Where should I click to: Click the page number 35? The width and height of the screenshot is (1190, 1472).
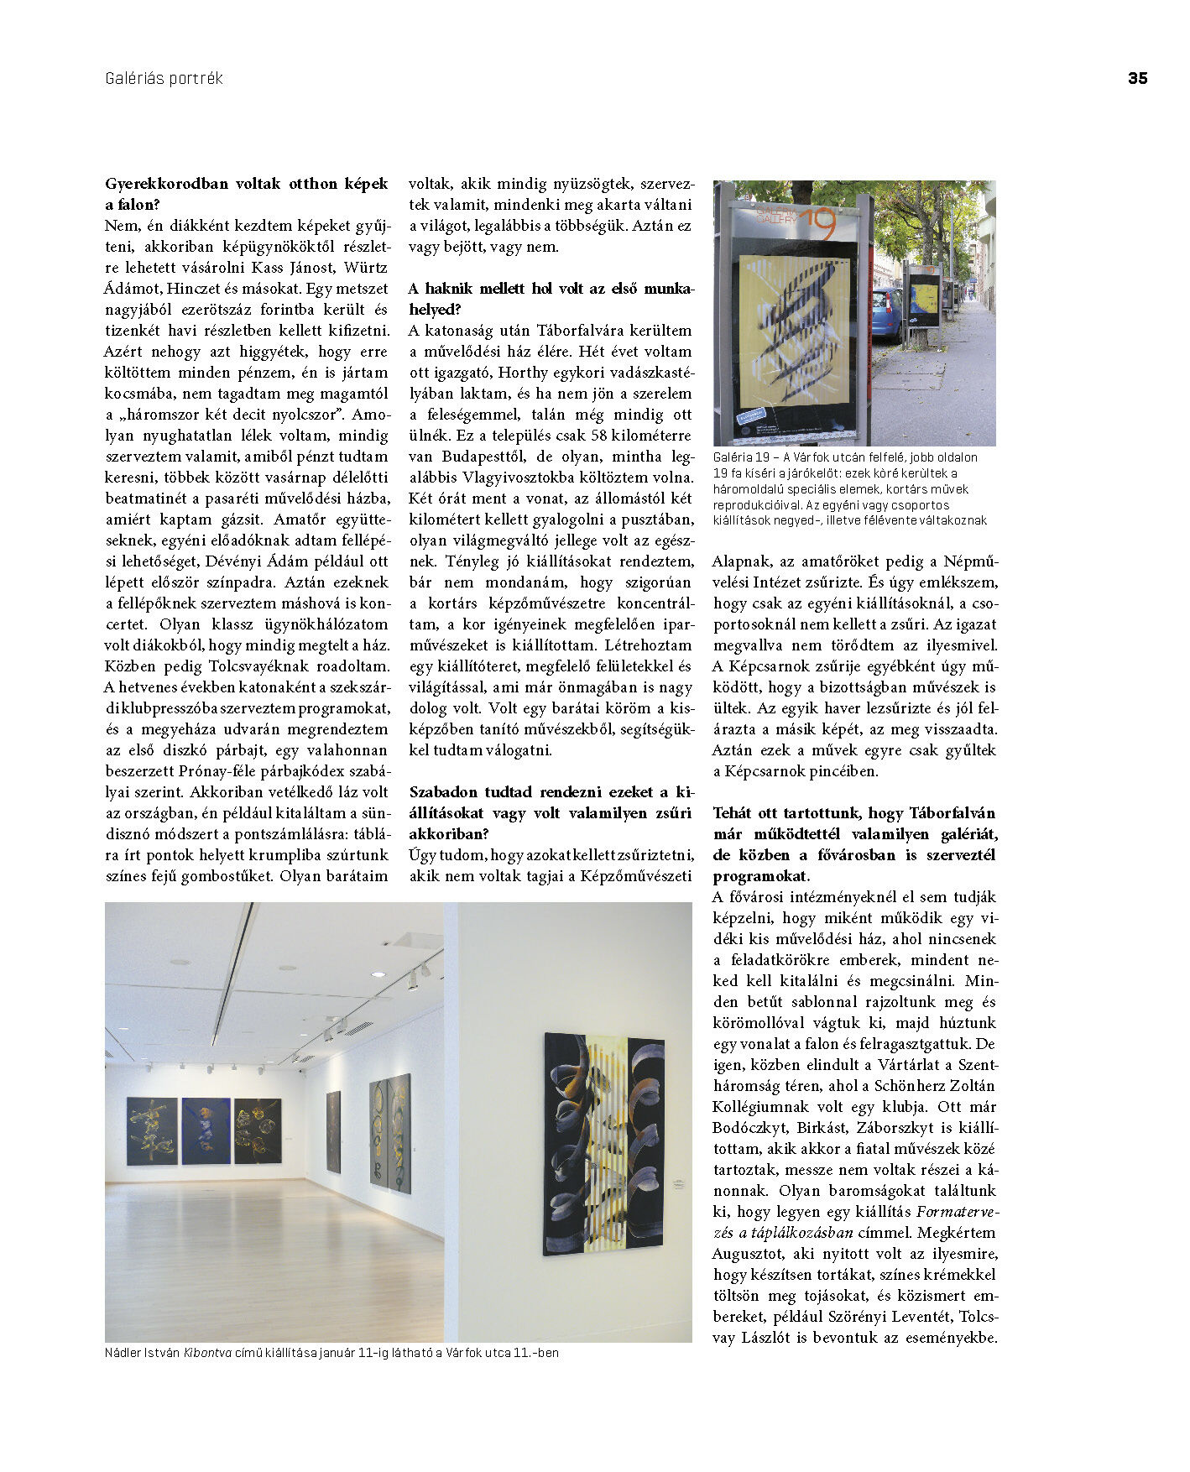tap(1137, 78)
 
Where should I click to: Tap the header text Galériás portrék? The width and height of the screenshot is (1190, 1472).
tap(164, 78)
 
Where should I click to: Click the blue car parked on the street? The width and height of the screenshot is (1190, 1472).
tap(887, 314)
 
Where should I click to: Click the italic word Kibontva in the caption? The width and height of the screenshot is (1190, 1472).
tap(207, 1353)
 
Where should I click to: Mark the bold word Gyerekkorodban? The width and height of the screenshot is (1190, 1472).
tap(166, 184)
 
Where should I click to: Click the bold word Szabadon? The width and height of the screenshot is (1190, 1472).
tap(443, 792)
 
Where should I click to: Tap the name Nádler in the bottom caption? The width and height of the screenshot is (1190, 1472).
tap(123, 1353)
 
